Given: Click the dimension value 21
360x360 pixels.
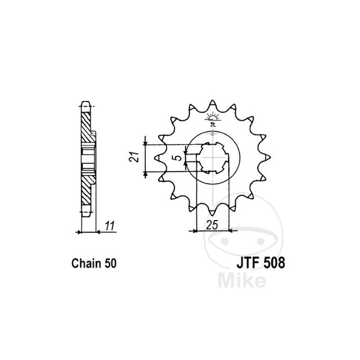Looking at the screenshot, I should [132, 158].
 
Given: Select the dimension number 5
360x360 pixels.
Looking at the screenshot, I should [179, 158].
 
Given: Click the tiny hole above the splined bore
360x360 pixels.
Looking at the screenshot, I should [212, 134].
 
